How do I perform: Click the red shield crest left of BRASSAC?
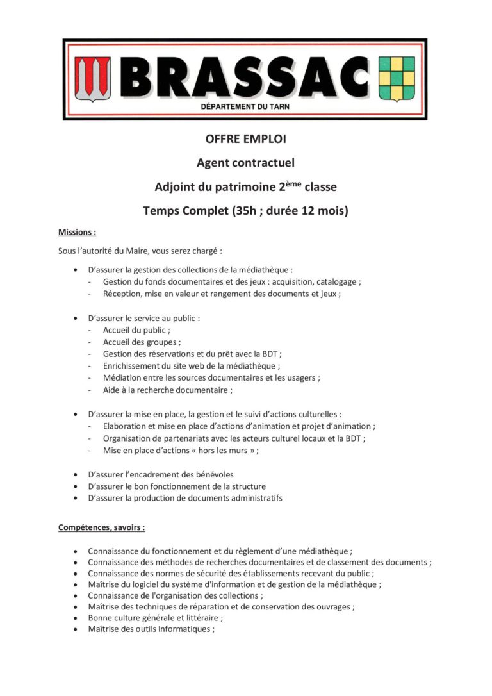93,79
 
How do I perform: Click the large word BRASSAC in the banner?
245,76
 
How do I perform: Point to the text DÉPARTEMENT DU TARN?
245,107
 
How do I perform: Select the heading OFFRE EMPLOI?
245,139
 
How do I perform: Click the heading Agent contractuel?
245,163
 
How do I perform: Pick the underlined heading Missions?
77,232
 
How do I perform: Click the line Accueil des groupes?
142,342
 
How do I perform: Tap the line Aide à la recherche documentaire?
167,390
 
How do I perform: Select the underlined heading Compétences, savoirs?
101,527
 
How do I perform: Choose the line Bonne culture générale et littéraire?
156,618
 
